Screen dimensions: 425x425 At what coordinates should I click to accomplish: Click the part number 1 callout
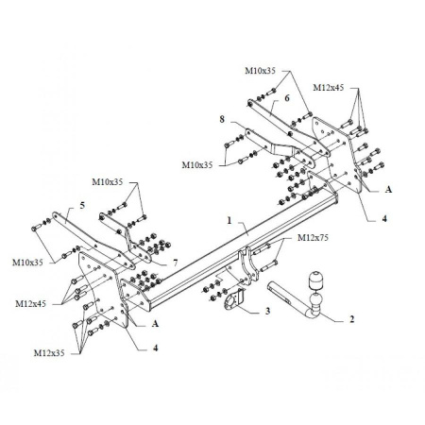pos(229,220)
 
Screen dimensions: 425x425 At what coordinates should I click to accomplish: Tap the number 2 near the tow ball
pos(352,320)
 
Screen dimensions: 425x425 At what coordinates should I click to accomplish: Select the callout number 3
pos(267,310)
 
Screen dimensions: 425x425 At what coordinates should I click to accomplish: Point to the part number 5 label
pos(82,204)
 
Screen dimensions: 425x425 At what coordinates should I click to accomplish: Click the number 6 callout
pos(286,97)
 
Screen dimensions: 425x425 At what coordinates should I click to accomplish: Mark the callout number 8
pos(222,120)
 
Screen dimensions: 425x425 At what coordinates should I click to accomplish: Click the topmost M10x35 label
pos(262,71)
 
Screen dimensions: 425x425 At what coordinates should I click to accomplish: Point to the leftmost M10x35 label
pos(28,261)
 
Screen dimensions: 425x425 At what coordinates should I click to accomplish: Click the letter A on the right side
pos(388,189)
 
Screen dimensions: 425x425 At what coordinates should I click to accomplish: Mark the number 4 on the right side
pos(385,220)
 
